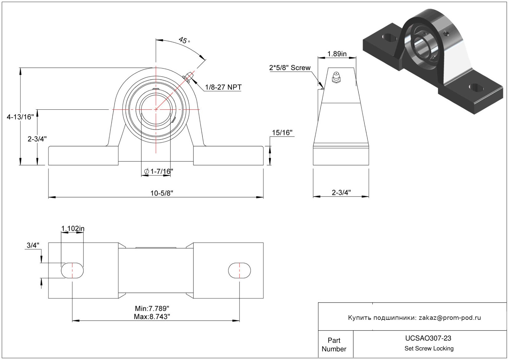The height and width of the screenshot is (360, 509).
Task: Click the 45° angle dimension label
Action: click(x=184, y=40)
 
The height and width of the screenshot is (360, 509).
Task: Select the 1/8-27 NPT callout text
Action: click(x=223, y=87)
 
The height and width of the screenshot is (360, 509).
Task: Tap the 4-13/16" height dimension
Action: click(x=20, y=117)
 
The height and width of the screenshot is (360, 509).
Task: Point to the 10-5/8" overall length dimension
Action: click(x=162, y=193)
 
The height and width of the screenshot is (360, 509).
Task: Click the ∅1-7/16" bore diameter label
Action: click(x=159, y=171)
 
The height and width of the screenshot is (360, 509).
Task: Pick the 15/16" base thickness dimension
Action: click(x=282, y=133)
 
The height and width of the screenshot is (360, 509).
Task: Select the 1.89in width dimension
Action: click(x=337, y=54)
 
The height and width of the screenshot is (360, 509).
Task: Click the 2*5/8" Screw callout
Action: click(x=290, y=68)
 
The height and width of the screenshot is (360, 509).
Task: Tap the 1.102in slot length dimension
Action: click(x=73, y=229)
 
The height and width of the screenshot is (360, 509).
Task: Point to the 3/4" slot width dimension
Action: click(x=33, y=245)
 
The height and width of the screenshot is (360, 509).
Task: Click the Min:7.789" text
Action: click(x=152, y=308)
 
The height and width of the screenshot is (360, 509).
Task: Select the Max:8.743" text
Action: click(x=152, y=316)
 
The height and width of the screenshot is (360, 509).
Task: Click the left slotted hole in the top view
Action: click(x=72, y=271)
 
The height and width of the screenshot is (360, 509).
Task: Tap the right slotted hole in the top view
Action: click(x=240, y=271)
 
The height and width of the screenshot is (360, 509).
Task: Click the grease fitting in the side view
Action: click(x=336, y=77)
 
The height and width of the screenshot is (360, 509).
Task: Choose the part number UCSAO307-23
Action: click(x=428, y=338)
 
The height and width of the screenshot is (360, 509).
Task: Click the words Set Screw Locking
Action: click(x=429, y=349)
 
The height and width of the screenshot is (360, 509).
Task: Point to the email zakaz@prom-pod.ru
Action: click(x=450, y=318)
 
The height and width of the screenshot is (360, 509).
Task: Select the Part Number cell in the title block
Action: click(x=334, y=345)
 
